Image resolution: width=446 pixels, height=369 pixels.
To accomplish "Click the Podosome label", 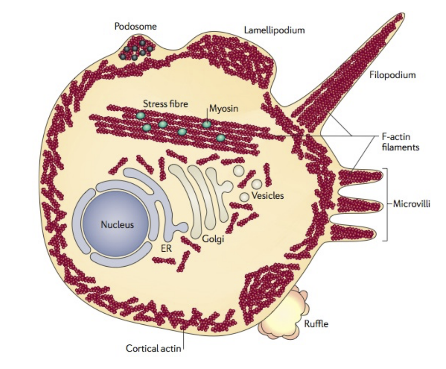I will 135,27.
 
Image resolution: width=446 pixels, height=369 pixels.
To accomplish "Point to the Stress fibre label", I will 166,104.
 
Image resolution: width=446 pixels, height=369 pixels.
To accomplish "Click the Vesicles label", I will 267,195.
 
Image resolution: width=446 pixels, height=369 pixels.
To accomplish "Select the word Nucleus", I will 117,225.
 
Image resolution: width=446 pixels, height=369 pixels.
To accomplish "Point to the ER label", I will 166,248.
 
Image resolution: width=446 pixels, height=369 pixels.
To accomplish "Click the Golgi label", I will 214,240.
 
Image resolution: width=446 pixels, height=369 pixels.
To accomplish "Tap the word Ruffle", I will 316,324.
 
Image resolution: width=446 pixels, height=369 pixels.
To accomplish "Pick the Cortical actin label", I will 153,348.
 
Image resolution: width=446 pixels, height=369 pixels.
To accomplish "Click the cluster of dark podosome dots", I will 136,50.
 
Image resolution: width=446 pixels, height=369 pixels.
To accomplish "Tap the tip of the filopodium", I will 399,17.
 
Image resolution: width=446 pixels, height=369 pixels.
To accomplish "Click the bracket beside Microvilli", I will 386,204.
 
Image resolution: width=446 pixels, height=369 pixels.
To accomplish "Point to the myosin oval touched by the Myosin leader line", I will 206,124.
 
